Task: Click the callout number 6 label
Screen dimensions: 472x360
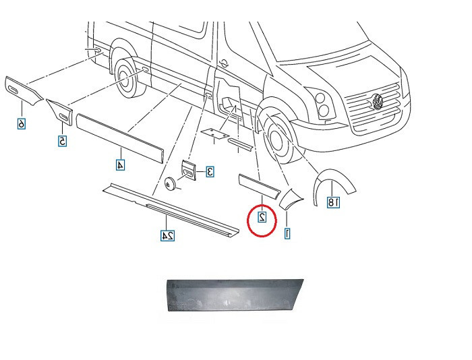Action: (22, 123)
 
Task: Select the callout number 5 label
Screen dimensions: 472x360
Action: (62, 141)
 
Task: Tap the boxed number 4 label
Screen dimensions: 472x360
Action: (121, 165)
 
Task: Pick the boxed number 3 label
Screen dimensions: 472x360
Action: (210, 171)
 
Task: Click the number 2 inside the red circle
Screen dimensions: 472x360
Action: (262, 216)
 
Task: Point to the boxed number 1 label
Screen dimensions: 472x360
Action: (287, 233)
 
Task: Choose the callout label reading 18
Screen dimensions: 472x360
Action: (334, 202)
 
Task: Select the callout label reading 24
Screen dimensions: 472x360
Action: (167, 235)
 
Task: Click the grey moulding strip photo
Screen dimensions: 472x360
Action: (235, 295)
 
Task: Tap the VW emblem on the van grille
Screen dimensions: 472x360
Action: (376, 101)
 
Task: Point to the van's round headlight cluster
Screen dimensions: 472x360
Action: (322, 104)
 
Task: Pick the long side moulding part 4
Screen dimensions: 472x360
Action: (120, 138)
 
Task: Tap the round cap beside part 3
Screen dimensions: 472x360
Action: (170, 183)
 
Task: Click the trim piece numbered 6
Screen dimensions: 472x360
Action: (24, 91)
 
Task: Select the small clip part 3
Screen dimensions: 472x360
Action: (188, 171)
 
